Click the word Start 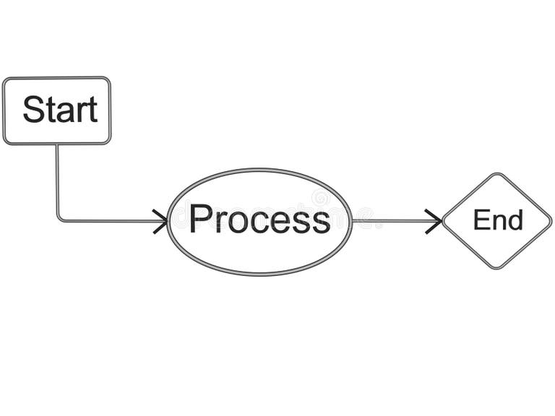tap(59, 110)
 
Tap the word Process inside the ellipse tap(259, 219)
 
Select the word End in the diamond tap(497, 220)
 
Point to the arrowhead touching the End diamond tap(435, 221)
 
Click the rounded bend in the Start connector tap(59, 218)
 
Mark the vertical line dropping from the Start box tap(57, 181)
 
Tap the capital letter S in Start tap(33, 110)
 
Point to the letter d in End tap(515, 220)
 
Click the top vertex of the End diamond tap(496, 174)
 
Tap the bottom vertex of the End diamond tap(496, 269)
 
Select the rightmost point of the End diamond tap(551, 221)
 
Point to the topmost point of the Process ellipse tap(259, 170)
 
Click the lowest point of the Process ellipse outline tap(259, 274)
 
